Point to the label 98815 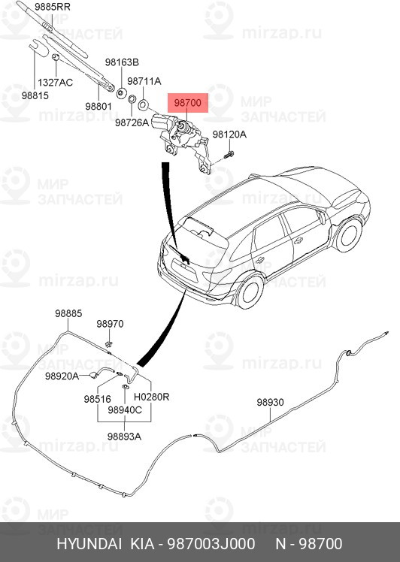pos(35,96)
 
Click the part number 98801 pos(98,107)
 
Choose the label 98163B pos(122,62)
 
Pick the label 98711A pos(144,80)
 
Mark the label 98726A pos(132,121)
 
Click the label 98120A pos(229,134)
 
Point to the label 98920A pos(62,376)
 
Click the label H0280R pos(151,397)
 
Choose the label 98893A pos(124,436)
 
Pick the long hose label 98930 pos(270,402)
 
